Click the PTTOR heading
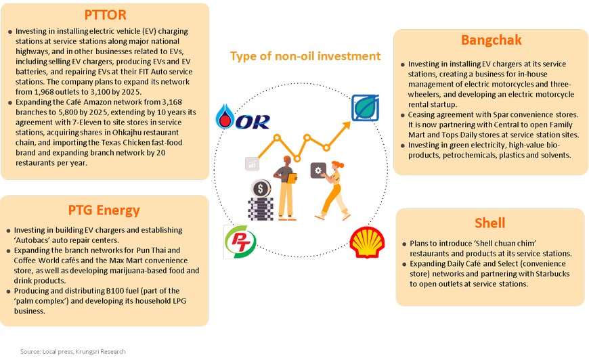click(x=105, y=15)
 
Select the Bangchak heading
click(x=492, y=40)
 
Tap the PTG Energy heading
click(x=104, y=210)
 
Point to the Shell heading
click(x=490, y=223)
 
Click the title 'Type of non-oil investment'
click(x=305, y=56)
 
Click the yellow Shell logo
click(x=367, y=242)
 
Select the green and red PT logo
click(x=240, y=242)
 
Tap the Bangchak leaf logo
click(x=365, y=108)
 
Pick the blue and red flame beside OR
click(x=225, y=116)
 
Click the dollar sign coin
click(x=261, y=188)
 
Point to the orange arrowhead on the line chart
click(x=347, y=125)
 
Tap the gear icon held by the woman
click(x=318, y=171)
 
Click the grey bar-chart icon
click(x=252, y=164)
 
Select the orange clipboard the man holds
click(x=292, y=179)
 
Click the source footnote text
click(x=73, y=352)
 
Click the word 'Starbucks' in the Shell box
click(x=552, y=274)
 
